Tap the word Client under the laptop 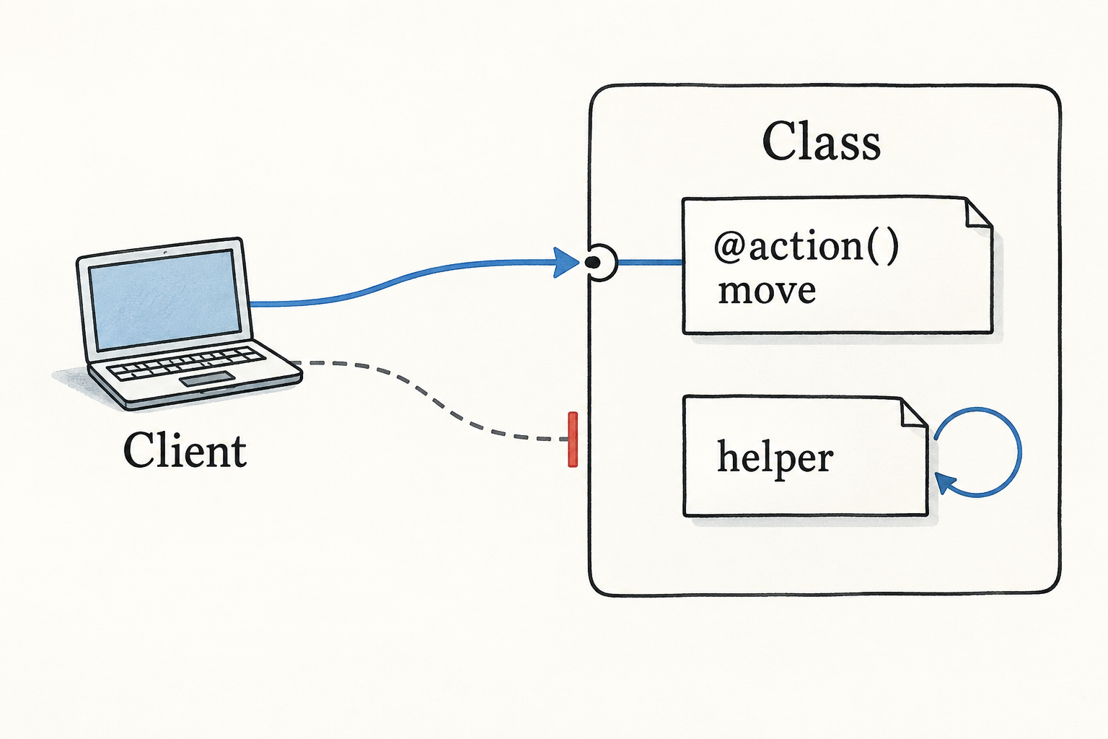(185, 450)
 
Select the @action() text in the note (806, 247)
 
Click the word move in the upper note (766, 291)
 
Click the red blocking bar (573, 439)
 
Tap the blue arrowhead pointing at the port (566, 262)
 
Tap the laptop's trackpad (207, 379)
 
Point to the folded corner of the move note (979, 214)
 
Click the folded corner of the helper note (914, 412)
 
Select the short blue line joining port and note (650, 263)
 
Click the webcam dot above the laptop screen (165, 253)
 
